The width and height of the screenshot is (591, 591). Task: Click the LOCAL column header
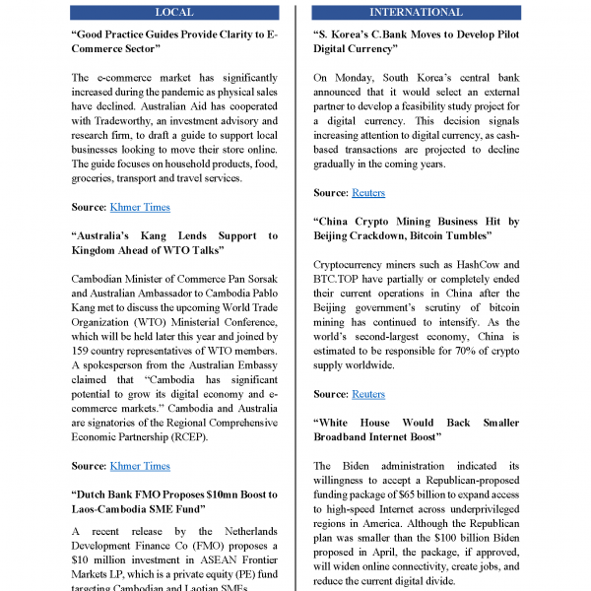(x=175, y=13)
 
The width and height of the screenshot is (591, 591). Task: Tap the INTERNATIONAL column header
(x=415, y=13)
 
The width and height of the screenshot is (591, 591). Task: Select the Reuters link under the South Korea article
(x=368, y=193)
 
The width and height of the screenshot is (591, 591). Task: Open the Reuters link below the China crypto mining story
(x=368, y=394)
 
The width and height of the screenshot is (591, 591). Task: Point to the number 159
(x=86, y=350)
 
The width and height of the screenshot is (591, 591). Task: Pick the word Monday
(x=349, y=77)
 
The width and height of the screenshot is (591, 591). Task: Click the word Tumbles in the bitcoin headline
(x=467, y=236)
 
